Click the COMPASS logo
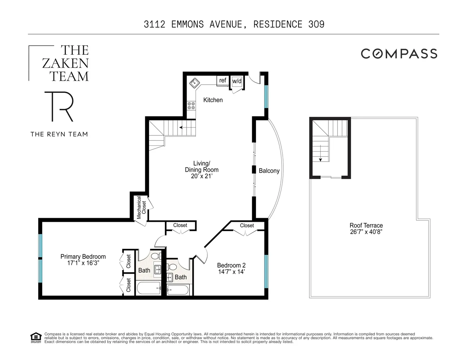pyautogui.click(x=399, y=54)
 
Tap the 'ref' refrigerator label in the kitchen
pyautogui.click(x=223, y=80)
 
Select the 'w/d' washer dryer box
pyautogui.click(x=237, y=81)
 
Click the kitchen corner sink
pyautogui.click(x=195, y=82)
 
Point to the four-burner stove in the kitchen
pyautogui.click(x=191, y=105)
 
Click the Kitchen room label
pyautogui.click(x=213, y=100)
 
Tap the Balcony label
pyautogui.click(x=269, y=171)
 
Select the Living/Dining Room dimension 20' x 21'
pyautogui.click(x=202, y=176)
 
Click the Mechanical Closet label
pyautogui.click(x=141, y=208)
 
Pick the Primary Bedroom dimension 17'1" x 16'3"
pyautogui.click(x=83, y=263)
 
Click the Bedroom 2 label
pyautogui.click(x=231, y=265)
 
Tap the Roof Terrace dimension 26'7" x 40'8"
pyautogui.click(x=366, y=232)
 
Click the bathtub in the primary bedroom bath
pyautogui.click(x=148, y=288)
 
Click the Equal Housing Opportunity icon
pyautogui.click(x=36, y=338)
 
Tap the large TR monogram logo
pyautogui.click(x=59, y=107)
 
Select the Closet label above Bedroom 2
pyautogui.click(x=247, y=225)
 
